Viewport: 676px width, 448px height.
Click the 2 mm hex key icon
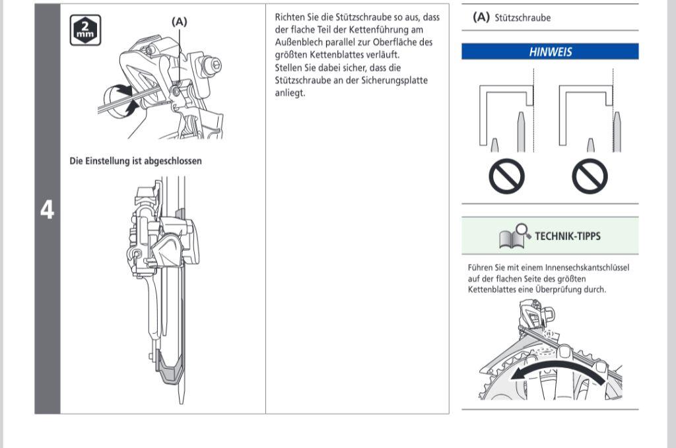(x=85, y=30)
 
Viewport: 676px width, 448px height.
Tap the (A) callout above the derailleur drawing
(x=179, y=22)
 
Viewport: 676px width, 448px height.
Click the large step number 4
(x=47, y=210)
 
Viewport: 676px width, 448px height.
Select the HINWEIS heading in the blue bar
(x=550, y=52)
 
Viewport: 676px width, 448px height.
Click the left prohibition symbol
(x=506, y=177)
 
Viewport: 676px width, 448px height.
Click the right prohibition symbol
(x=590, y=177)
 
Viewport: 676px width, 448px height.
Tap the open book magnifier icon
(x=515, y=236)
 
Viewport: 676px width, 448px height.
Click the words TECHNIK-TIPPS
(x=567, y=236)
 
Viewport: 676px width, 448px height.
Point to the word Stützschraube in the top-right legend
(x=522, y=18)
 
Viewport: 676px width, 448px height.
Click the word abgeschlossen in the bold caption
(x=170, y=161)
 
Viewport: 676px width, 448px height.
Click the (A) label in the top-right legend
(x=481, y=18)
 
